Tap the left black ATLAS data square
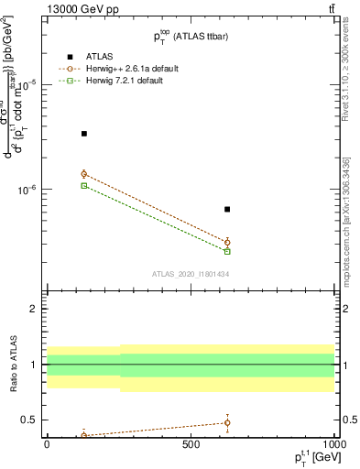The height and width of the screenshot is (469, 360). pyautogui.click(x=84, y=134)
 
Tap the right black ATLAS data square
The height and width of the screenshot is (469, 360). pyautogui.click(x=227, y=210)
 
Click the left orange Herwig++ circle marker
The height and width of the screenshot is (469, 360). pyautogui.click(x=84, y=174)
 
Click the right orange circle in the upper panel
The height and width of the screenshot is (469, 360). pyautogui.click(x=227, y=242)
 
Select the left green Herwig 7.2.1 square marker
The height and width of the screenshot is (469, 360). pyautogui.click(x=84, y=185)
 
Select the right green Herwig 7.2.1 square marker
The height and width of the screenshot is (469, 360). pyautogui.click(x=227, y=251)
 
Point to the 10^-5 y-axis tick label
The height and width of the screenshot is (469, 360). pyautogui.click(x=26, y=84)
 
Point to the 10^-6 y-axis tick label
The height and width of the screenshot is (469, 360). pyautogui.click(x=26, y=191)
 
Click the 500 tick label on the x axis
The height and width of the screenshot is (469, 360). pyautogui.click(x=191, y=445)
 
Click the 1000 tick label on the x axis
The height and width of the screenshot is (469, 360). pyautogui.click(x=333, y=445)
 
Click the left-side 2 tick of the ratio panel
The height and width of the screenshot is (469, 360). pyautogui.click(x=35, y=310)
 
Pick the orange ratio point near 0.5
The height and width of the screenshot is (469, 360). pyautogui.click(x=227, y=422)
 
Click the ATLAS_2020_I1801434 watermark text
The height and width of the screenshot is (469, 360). pyautogui.click(x=190, y=274)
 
